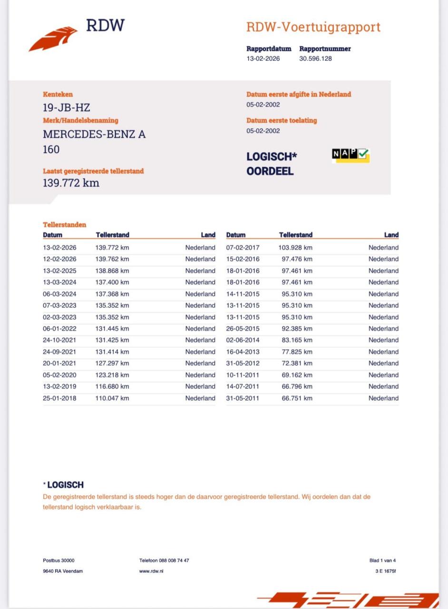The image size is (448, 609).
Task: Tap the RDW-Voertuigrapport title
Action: pyautogui.click(x=313, y=27)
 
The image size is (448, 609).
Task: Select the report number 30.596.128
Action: pyautogui.click(x=315, y=59)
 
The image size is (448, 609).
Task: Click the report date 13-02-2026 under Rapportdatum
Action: pyautogui.click(x=263, y=59)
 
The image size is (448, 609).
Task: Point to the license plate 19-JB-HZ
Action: pyautogui.click(x=66, y=108)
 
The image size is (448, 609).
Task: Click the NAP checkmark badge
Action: pyautogui.click(x=351, y=155)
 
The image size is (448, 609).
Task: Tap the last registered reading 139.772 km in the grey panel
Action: pyautogui.click(x=71, y=183)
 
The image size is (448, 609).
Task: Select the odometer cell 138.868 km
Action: pyautogui.click(x=112, y=271)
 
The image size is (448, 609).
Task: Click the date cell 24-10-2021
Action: pyautogui.click(x=59, y=340)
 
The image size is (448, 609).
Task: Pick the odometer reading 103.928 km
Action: pyautogui.click(x=295, y=247)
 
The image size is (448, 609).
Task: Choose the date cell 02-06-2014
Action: pyautogui.click(x=243, y=340)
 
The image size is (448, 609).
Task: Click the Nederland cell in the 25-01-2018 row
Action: pyautogui.click(x=200, y=398)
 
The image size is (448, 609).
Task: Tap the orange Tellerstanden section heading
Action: pyautogui.click(x=65, y=225)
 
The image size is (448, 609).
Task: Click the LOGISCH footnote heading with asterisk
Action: pyautogui.click(x=63, y=485)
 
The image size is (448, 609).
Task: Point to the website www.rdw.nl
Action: pyautogui.click(x=151, y=571)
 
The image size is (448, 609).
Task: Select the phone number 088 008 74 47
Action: pyautogui.click(x=164, y=560)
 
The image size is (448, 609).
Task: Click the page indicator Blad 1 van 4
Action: pyautogui.click(x=382, y=560)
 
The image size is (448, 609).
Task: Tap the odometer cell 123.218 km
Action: pyautogui.click(x=112, y=375)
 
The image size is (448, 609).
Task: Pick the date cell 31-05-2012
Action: pyautogui.click(x=243, y=363)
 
